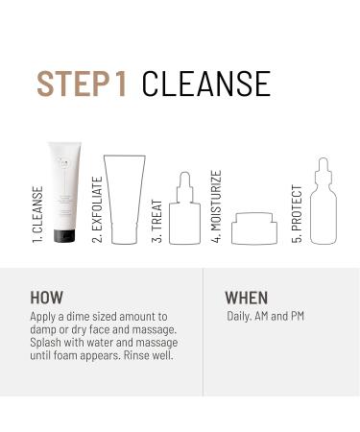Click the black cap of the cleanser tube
65,233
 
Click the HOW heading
49,297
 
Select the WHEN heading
246,297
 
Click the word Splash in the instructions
47,344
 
